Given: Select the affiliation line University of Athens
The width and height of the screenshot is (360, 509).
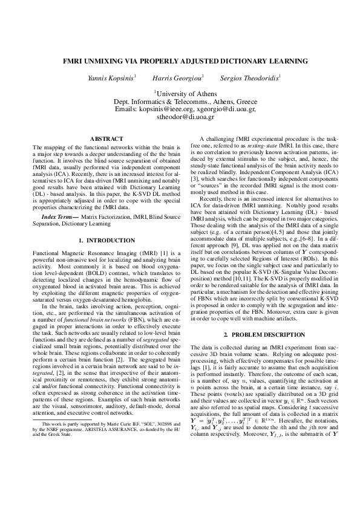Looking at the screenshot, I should point(181,94).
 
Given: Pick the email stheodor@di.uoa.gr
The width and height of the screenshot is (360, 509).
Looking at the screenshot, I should point(181,117).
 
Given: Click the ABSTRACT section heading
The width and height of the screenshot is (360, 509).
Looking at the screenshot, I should point(106,139).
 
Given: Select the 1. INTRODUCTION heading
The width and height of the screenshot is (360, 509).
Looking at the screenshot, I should point(106,241).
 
